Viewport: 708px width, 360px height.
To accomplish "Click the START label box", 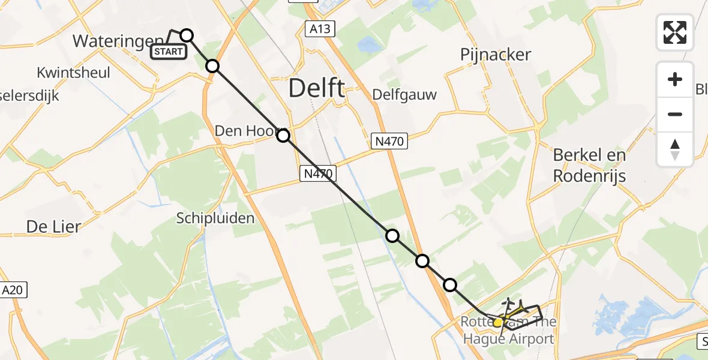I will coord(169,52).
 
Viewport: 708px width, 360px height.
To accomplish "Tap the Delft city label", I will coord(316,88).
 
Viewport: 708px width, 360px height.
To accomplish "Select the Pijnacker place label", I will coord(496,55).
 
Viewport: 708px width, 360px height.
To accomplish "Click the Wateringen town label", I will coord(111,41).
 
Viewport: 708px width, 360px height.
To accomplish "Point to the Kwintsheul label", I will coord(73,73).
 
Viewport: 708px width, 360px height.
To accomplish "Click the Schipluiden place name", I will coord(215,218).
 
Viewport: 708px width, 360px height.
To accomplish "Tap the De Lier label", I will coord(53,226).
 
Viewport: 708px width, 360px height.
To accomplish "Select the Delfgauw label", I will coord(404,94).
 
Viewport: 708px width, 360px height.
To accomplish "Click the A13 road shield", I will coord(319,29).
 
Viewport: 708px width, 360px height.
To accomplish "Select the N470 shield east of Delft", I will coord(389,141).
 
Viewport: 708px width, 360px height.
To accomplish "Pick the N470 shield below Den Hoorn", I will coord(317,174).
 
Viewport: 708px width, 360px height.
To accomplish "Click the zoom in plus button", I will coord(675,79).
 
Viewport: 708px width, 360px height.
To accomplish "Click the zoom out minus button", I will coord(675,114).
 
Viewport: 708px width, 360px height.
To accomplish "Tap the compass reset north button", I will coord(675,149).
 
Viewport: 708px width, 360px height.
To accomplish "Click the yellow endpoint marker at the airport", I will coord(497,322).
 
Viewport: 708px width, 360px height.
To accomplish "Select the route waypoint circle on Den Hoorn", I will coord(283,136).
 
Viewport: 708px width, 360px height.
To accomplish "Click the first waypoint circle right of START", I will coord(187,35).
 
